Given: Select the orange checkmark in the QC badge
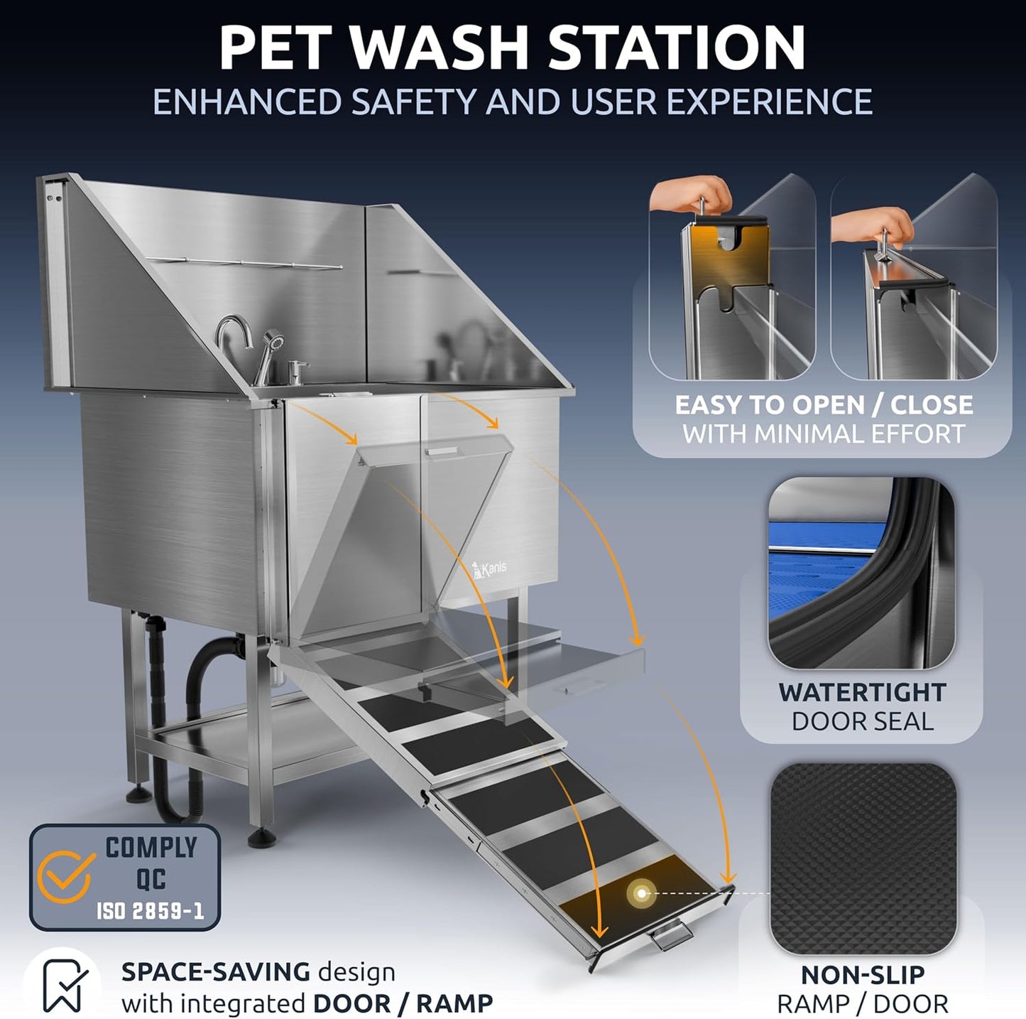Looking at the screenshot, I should (66, 876).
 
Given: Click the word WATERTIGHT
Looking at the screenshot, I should (862, 692).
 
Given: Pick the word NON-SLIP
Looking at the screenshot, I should (862, 975).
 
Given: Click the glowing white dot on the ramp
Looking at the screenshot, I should (642, 893).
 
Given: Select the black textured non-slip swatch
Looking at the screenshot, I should (862, 858).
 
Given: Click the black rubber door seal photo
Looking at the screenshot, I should (861, 573).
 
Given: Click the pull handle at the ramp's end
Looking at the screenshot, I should (670, 935).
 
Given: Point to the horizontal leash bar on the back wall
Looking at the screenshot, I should (245, 264).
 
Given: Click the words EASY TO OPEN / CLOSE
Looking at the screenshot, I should (824, 405).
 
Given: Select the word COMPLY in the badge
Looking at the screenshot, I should (151, 848).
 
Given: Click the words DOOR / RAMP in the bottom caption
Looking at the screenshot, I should (403, 1003).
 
